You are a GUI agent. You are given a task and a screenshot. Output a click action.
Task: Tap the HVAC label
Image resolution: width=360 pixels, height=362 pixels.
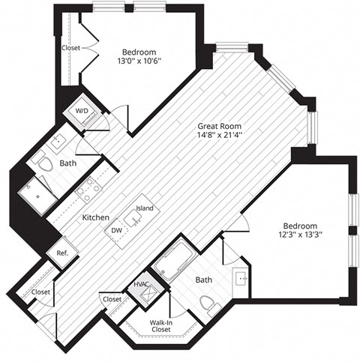[x=142, y=285]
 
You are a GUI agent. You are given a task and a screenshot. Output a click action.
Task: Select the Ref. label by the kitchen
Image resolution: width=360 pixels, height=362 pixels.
[x=62, y=253]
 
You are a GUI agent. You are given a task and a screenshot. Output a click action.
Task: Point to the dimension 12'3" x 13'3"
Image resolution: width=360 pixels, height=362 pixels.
[x=300, y=235]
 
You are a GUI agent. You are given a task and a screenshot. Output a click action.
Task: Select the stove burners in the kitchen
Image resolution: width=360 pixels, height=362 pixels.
[x=87, y=190]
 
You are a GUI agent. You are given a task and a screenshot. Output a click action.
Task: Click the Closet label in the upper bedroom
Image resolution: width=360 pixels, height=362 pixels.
[x=71, y=49]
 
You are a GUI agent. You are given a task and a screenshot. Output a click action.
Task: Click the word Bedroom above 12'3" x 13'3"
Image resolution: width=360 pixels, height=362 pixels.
[x=300, y=226]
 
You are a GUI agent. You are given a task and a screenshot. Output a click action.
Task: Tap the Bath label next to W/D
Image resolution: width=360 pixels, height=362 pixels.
[x=68, y=163]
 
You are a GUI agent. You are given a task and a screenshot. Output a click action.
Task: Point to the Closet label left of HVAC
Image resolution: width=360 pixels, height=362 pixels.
[x=112, y=299]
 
